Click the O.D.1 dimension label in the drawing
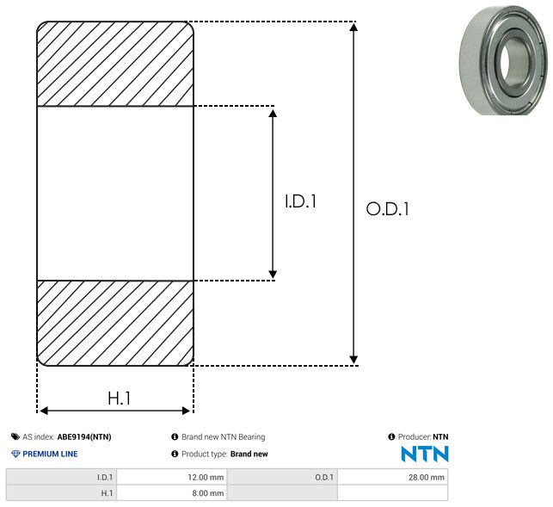tap(388, 208)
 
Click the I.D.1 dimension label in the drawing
tap(300, 201)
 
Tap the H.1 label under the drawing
tap(120, 399)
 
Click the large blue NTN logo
tap(425, 454)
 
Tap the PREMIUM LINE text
tap(50, 454)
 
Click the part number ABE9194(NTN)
tap(84, 436)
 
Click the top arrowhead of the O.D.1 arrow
tap(353, 27)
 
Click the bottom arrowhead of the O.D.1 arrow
tap(353, 360)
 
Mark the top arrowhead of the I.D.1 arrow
tap(273, 113)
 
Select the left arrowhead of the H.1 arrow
tap(44, 411)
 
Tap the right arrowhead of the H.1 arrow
tap(186, 411)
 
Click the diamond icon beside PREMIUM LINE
tap(15, 454)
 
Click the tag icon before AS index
tap(15, 436)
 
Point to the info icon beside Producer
tap(391, 436)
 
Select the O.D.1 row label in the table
tap(323, 478)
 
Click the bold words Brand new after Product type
tap(249, 454)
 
